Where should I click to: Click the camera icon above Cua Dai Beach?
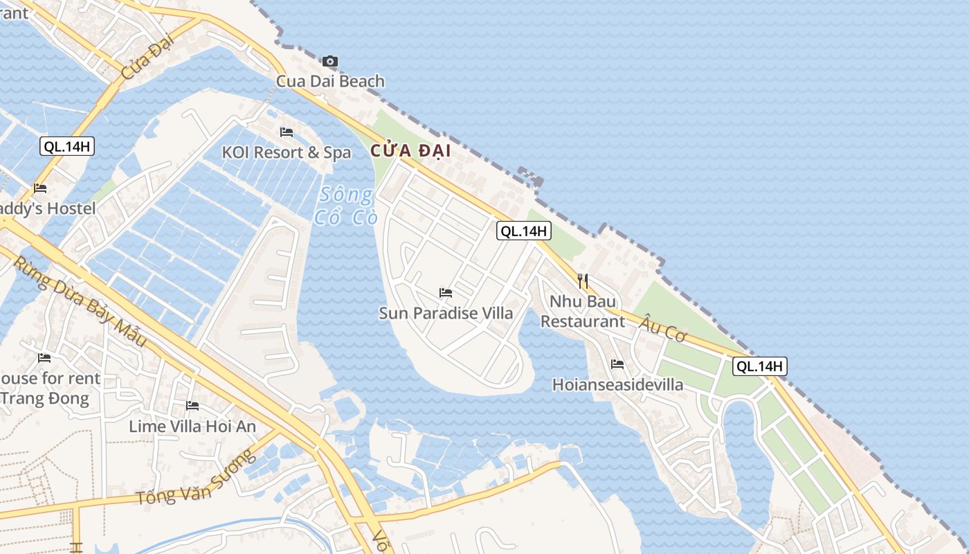[x=330, y=62]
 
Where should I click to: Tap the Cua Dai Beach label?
[x=330, y=81]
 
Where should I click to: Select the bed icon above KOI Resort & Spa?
[x=287, y=132]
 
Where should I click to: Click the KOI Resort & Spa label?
[x=287, y=152]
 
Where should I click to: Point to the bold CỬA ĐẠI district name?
[x=410, y=150]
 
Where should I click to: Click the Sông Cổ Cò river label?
[x=346, y=206]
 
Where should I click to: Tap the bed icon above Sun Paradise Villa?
[x=446, y=293]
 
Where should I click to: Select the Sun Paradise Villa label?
[x=446, y=313]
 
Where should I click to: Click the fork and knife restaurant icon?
[x=583, y=280]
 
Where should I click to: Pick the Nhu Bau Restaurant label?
[x=582, y=311]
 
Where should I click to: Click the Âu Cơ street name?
[x=663, y=328]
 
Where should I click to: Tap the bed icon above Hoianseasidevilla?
[x=617, y=364]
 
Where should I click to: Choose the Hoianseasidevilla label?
[x=617, y=384]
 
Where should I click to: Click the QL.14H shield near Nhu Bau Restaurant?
[x=524, y=231]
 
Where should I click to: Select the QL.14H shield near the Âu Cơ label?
[x=760, y=366]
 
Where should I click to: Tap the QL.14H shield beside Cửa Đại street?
[x=67, y=146]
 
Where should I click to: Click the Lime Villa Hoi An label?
[x=192, y=426]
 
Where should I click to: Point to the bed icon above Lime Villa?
[x=192, y=406]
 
